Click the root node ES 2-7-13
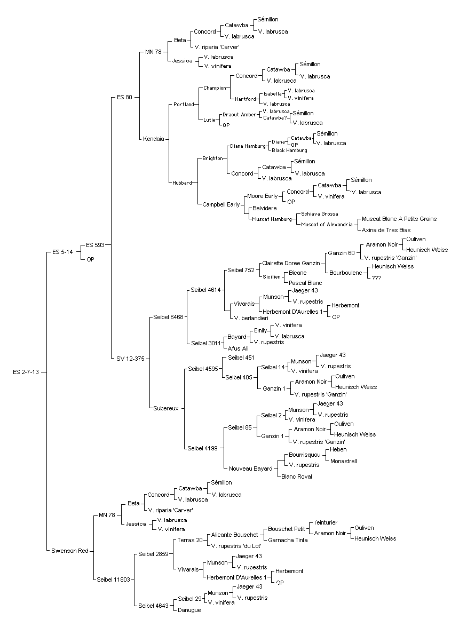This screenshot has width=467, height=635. (26, 372)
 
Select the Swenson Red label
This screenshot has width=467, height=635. (70, 551)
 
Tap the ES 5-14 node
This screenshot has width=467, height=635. (62, 252)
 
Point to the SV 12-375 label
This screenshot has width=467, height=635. (130, 359)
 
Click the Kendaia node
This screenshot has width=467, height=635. (154, 139)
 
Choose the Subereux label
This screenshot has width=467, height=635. (165, 408)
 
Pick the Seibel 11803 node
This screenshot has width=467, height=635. (113, 580)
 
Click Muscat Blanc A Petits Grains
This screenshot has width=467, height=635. (399, 219)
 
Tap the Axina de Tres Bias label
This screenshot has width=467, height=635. (386, 230)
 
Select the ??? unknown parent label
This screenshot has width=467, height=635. (376, 278)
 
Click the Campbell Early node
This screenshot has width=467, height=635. (221, 204)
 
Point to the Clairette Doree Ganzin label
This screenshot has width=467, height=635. (291, 263)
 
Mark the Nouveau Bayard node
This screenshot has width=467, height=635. (251, 469)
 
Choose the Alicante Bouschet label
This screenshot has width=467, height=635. (234, 535)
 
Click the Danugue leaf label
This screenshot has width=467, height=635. (189, 610)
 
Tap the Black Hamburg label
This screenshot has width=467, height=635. (289, 150)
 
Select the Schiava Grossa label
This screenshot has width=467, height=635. (319, 214)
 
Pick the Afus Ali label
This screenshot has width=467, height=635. (238, 348)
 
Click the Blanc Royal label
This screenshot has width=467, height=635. (297, 477)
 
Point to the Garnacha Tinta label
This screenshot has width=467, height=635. (288, 540)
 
